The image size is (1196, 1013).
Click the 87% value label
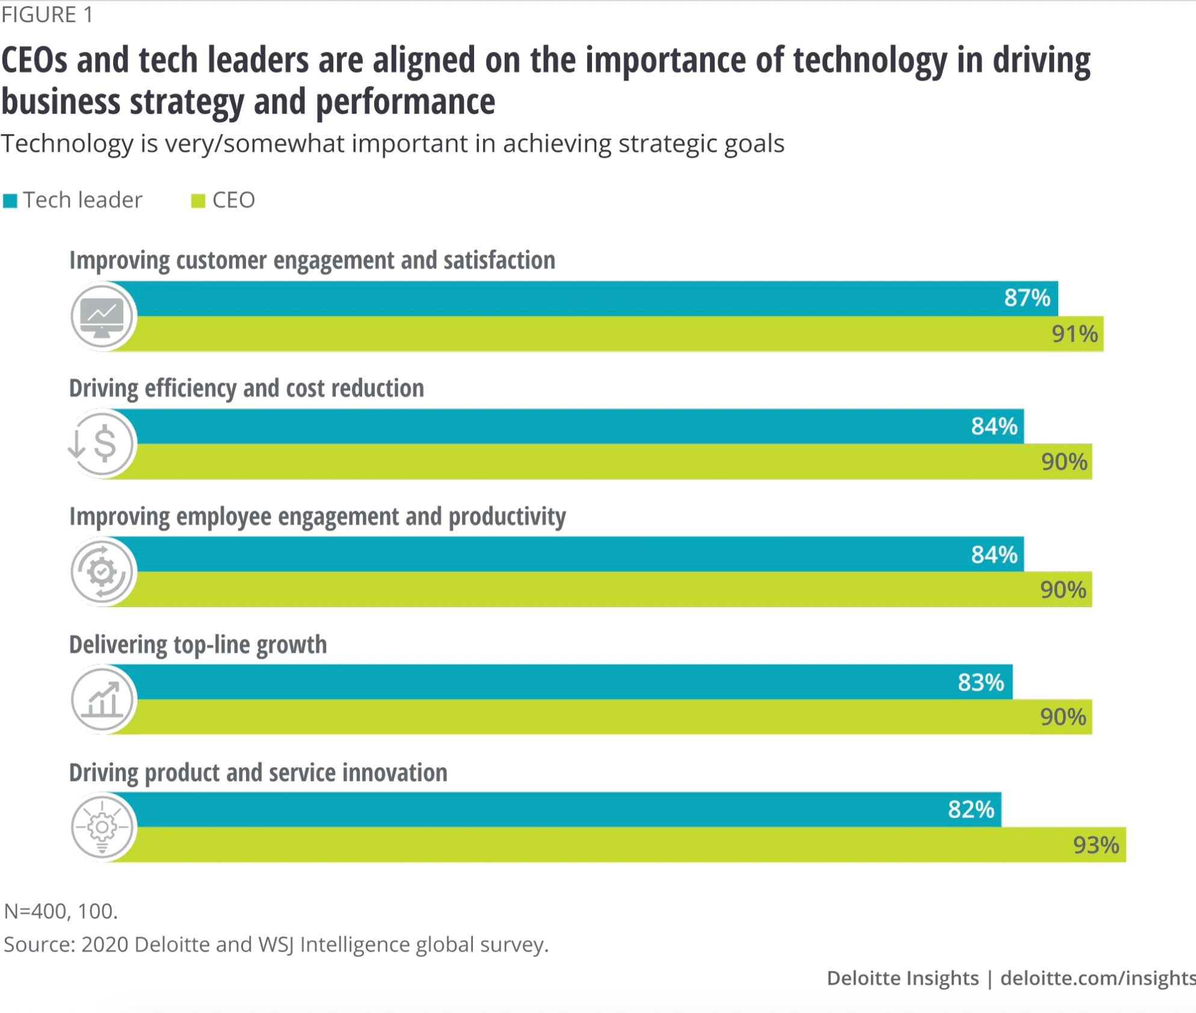pos(1026,298)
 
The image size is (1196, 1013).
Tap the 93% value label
pos(1096,845)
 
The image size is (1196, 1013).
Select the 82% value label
pos(970,810)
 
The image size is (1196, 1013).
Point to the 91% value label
pos(1074,334)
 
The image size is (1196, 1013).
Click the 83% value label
pos(981,682)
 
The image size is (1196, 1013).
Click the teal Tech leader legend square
pos(10,201)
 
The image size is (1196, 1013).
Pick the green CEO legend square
pos(198,201)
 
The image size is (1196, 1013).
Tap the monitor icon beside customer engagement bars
pos(102,316)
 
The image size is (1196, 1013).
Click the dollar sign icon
pos(103,444)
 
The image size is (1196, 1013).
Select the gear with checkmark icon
pos(102,571)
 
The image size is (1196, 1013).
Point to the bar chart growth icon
pos(102,700)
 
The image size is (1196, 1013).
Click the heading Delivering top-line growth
pos(198,645)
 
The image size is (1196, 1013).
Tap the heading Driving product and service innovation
pos(258,773)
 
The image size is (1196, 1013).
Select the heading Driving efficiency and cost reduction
pos(246,389)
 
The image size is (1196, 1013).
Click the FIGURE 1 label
pos(47,14)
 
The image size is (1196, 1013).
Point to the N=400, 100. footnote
pos(61,911)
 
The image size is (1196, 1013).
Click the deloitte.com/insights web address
pos(1097,978)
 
